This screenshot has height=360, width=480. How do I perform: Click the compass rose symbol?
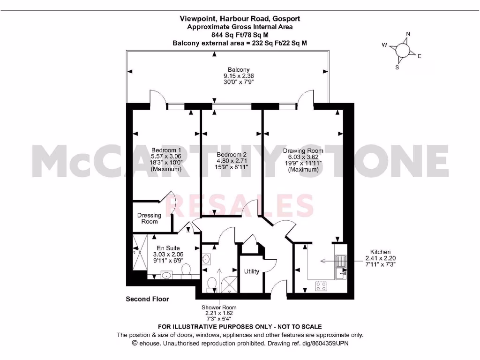403,50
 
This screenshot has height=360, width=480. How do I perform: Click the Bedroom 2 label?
232,155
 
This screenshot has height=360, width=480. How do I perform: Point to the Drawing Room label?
303,151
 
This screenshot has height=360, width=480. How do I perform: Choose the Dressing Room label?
149,218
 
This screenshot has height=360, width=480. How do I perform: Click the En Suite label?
168,248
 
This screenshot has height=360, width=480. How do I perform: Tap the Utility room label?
252,271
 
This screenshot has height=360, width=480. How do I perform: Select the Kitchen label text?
380,252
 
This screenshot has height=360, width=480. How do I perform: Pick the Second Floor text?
147,299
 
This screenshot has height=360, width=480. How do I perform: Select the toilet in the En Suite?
186,270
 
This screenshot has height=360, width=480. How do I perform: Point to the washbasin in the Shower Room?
206,259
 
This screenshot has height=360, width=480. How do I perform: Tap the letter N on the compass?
408,34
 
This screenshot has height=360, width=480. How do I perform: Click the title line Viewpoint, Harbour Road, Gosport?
240,19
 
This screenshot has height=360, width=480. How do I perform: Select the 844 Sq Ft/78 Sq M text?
240,35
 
